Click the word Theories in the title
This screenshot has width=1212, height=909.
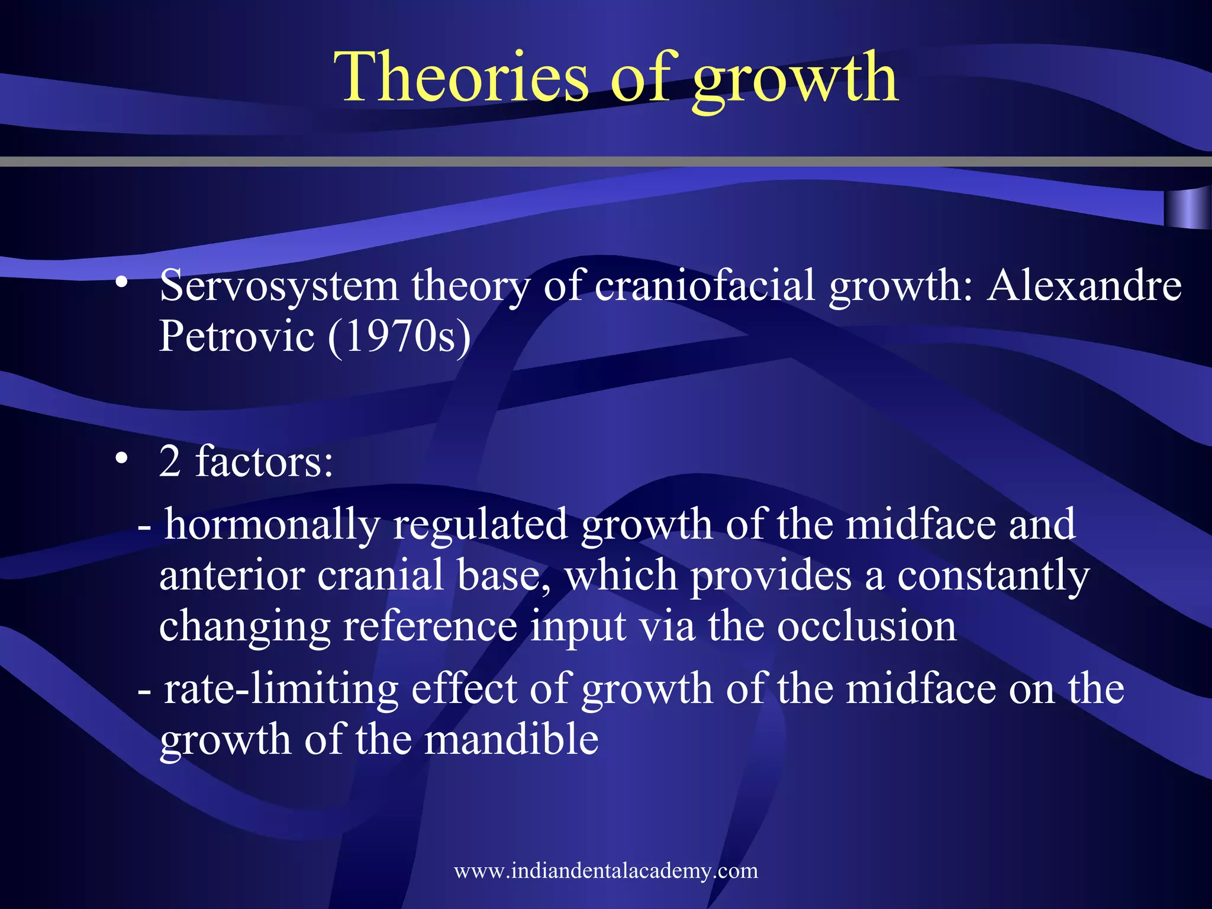pyautogui.click(x=462, y=77)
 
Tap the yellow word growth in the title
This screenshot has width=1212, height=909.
pyautogui.click(x=795, y=80)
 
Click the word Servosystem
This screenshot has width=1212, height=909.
pyautogui.click(x=279, y=286)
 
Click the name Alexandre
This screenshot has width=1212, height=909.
pyautogui.click(x=1084, y=285)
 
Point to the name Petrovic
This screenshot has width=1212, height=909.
pyautogui.click(x=236, y=336)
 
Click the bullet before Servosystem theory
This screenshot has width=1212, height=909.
pyautogui.click(x=122, y=283)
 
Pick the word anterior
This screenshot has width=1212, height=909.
pyautogui.click(x=232, y=575)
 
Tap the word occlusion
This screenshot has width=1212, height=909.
pyautogui.click(x=866, y=626)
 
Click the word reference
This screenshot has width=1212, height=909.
pyautogui.click(x=430, y=626)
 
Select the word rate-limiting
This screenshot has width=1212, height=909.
pyautogui.click(x=281, y=690)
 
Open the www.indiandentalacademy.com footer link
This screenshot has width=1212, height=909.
pyautogui.click(x=605, y=871)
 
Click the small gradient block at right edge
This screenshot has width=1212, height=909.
pyautogui.click(x=1187, y=209)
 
